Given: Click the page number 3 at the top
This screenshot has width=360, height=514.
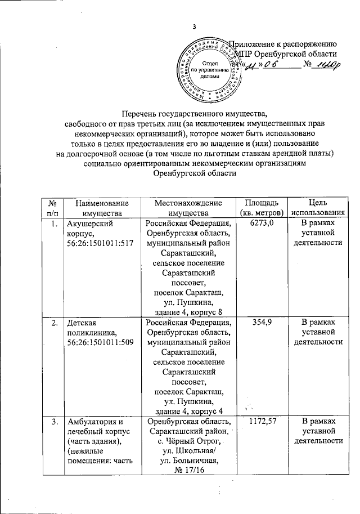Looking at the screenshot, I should pyautogui.click(x=193, y=26).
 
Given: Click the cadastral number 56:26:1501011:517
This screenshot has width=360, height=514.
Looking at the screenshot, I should pyautogui.click(x=101, y=244).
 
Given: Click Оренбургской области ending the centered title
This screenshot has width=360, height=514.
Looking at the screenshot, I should pyautogui.click(x=195, y=173).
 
